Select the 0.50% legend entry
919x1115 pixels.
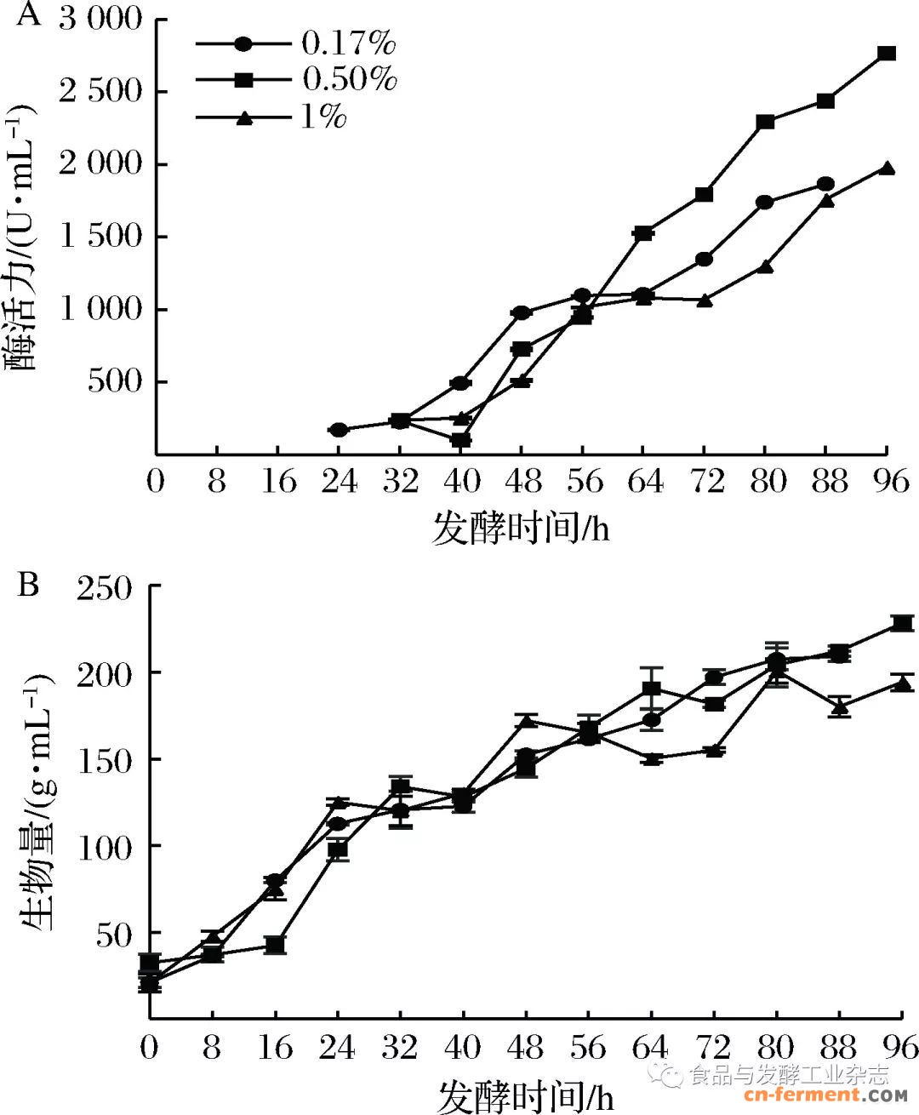pyautogui.click(x=298, y=79)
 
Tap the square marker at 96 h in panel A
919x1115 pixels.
pyautogui.click(x=887, y=53)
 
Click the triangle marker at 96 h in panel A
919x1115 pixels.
pyautogui.click(x=887, y=169)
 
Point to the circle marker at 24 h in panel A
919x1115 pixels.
pyautogui.click(x=339, y=430)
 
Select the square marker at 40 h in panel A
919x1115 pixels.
pyautogui.click(x=460, y=440)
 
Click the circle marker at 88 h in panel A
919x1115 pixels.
pyautogui.click(x=825, y=184)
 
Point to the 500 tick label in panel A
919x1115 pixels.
pyautogui.click(x=115, y=380)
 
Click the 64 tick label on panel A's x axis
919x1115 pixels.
pyautogui.click(x=644, y=482)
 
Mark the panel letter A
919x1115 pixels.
pyautogui.click(x=28, y=14)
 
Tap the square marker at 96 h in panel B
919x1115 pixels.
pyautogui.click(x=902, y=623)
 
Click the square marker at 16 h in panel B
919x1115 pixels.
pyautogui.click(x=275, y=945)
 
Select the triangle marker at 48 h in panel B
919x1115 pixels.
pyautogui.click(x=526, y=721)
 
